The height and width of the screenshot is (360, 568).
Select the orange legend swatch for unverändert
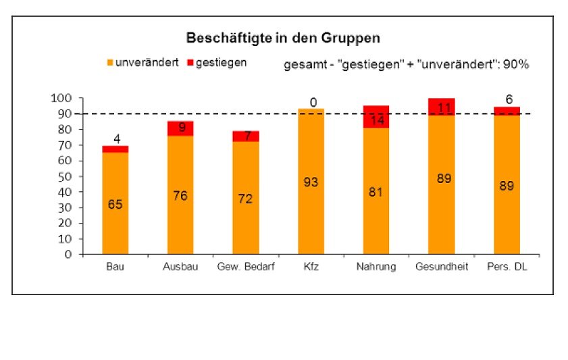click(109, 63)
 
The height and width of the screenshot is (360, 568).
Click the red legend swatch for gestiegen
click(190, 63)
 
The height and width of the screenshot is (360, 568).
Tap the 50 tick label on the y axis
click(64, 176)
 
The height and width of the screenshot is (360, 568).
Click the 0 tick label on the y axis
click(68, 255)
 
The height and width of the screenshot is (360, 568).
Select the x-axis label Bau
click(115, 267)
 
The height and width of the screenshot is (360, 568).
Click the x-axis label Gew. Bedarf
click(245, 267)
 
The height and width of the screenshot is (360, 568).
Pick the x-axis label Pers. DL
click(507, 267)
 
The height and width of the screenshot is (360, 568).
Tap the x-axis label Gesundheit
click(442, 267)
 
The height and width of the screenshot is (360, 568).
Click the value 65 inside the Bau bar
click(115, 204)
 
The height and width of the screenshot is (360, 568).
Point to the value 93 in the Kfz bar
click(311, 182)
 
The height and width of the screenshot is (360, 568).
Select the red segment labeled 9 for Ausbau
click(180, 128)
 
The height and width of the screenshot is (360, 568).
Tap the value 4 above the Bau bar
click(115, 140)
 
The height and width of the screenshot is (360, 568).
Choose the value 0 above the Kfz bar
click(313, 103)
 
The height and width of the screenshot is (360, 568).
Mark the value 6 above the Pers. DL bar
click(509, 99)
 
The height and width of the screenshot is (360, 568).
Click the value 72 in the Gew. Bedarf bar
click(245, 199)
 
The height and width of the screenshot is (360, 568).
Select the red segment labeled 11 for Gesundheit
click(442, 107)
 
